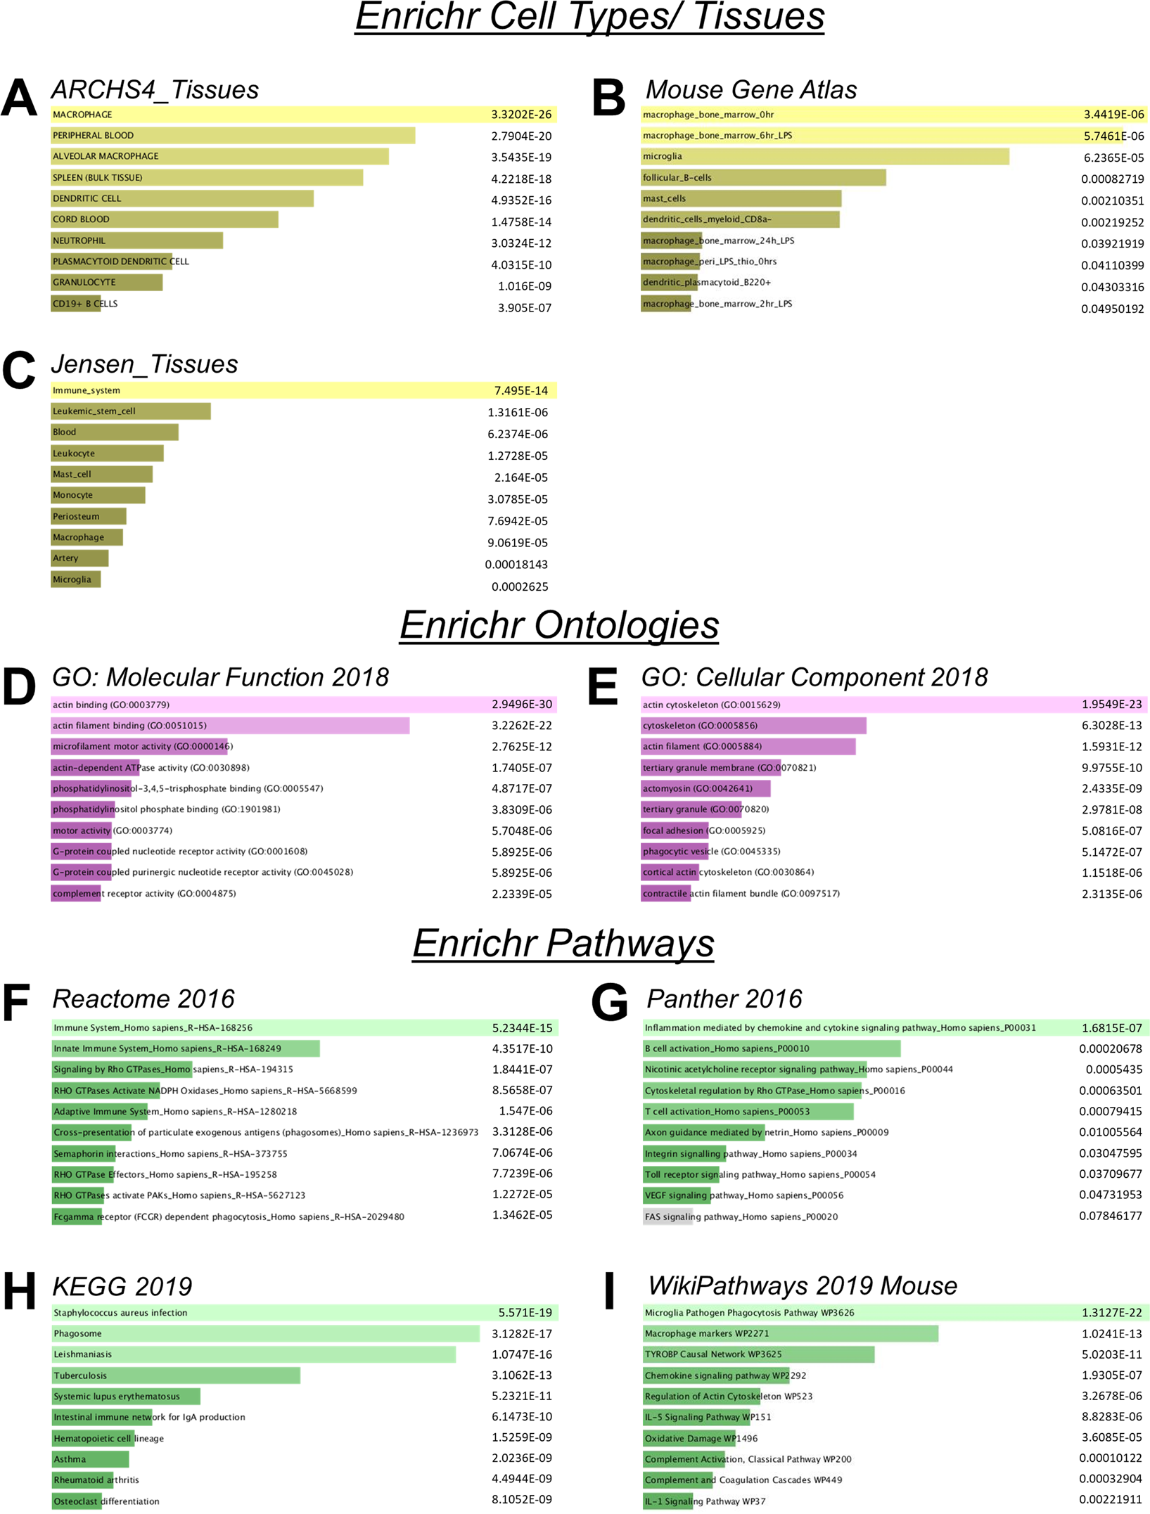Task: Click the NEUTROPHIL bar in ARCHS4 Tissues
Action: point(136,240)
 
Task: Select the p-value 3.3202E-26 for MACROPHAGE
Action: point(521,115)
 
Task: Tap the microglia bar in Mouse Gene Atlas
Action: point(825,156)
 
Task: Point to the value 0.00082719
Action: point(1112,179)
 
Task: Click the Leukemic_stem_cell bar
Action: point(131,411)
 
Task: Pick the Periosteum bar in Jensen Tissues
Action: point(89,516)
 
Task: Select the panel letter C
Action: point(18,370)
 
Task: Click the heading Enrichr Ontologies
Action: point(559,625)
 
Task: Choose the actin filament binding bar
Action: point(230,726)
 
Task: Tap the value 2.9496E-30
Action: point(522,705)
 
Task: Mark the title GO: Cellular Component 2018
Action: point(814,677)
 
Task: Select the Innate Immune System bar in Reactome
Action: point(186,1048)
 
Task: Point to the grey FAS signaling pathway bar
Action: point(667,1217)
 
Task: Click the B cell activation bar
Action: point(772,1048)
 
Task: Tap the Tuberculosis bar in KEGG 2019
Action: point(176,1375)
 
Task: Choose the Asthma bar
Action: point(90,1459)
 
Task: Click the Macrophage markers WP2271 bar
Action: point(791,1333)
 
